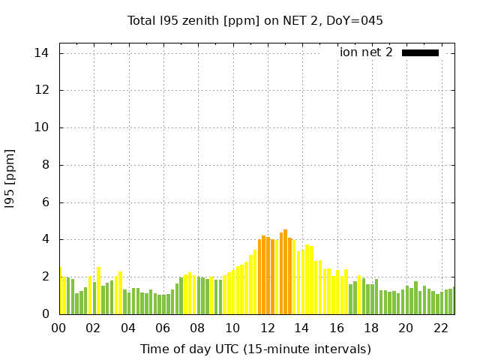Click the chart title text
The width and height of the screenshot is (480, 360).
pyautogui.click(x=255, y=20)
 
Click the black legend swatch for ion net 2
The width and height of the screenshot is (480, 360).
pyautogui.click(x=420, y=52)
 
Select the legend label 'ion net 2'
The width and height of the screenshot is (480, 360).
pyautogui.click(x=366, y=52)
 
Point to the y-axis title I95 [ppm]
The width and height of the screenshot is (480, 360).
pyautogui.click(x=10, y=178)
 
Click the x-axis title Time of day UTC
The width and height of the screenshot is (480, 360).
pyautogui.click(x=255, y=349)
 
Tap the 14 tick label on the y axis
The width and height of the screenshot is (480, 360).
pyautogui.click(x=41, y=53)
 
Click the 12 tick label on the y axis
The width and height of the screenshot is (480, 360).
pyautogui.click(x=41, y=90)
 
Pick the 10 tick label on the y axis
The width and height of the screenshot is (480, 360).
pyautogui.click(x=41, y=127)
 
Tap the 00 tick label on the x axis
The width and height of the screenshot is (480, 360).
pyautogui.click(x=59, y=328)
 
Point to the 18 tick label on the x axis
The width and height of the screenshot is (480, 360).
pyautogui.click(x=371, y=328)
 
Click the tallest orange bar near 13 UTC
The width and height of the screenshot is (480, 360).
pyautogui.click(x=286, y=272)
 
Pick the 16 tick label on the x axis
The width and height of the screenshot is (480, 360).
pyautogui.click(x=337, y=328)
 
